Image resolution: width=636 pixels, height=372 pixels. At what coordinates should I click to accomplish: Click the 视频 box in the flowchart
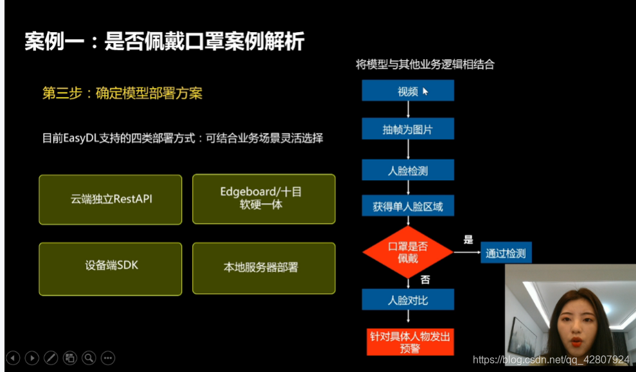[x=408, y=90]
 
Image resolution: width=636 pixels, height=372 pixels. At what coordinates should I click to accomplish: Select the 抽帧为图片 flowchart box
[x=408, y=128]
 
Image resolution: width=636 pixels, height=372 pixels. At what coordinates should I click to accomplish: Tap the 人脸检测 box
[x=408, y=170]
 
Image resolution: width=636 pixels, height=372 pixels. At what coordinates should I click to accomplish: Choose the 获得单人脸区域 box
[x=408, y=206]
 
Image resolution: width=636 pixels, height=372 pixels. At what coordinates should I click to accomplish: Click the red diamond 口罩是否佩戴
[x=408, y=252]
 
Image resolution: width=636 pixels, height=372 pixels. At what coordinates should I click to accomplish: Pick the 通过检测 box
[x=506, y=252]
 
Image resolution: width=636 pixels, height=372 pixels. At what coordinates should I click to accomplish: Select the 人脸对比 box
[x=408, y=299]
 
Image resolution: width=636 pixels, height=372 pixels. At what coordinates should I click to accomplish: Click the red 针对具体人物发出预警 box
[x=410, y=342]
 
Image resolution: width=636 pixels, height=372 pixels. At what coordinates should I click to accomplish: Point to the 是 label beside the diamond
[x=468, y=240]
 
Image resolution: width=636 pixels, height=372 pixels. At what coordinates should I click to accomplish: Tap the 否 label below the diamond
[x=425, y=279]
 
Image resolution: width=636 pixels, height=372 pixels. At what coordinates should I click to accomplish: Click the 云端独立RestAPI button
[x=110, y=200]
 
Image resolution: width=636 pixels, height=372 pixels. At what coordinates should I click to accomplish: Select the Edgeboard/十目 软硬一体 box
[x=263, y=199]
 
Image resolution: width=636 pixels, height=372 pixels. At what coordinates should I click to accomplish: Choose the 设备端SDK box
[x=110, y=269]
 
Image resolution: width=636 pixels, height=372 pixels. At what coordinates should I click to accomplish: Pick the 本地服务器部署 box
[x=263, y=268]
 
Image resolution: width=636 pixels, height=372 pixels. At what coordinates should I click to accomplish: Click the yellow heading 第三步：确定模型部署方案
[x=123, y=93]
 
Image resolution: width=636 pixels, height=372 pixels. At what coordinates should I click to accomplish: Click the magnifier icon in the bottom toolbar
[x=89, y=358]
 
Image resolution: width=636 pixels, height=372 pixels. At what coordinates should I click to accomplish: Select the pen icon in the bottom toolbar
[x=51, y=358]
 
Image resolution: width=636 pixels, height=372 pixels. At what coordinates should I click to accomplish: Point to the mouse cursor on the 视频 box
[x=425, y=91]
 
